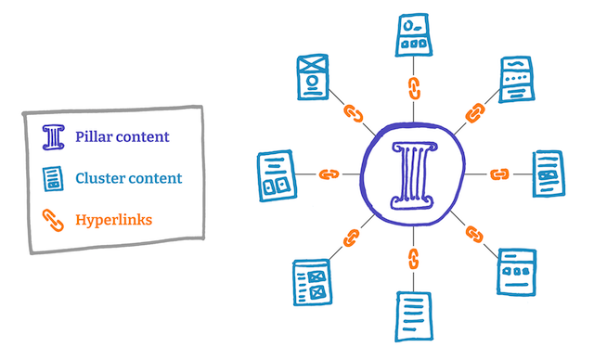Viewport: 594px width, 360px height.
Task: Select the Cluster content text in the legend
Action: (128, 178)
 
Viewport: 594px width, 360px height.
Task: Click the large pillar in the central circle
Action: (413, 173)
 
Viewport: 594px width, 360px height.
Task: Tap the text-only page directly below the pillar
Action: (413, 314)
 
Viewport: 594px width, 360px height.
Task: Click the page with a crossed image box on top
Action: (313, 77)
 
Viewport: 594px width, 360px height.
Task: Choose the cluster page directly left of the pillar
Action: (278, 174)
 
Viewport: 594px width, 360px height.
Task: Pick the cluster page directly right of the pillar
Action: (547, 174)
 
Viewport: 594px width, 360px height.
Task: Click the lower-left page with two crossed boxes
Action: (312, 282)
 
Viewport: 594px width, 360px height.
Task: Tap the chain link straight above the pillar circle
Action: (413, 89)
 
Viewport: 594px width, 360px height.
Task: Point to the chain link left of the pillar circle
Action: (329, 174)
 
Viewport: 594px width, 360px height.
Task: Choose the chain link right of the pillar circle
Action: (498, 174)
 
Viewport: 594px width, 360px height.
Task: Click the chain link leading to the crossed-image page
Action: (352, 113)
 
